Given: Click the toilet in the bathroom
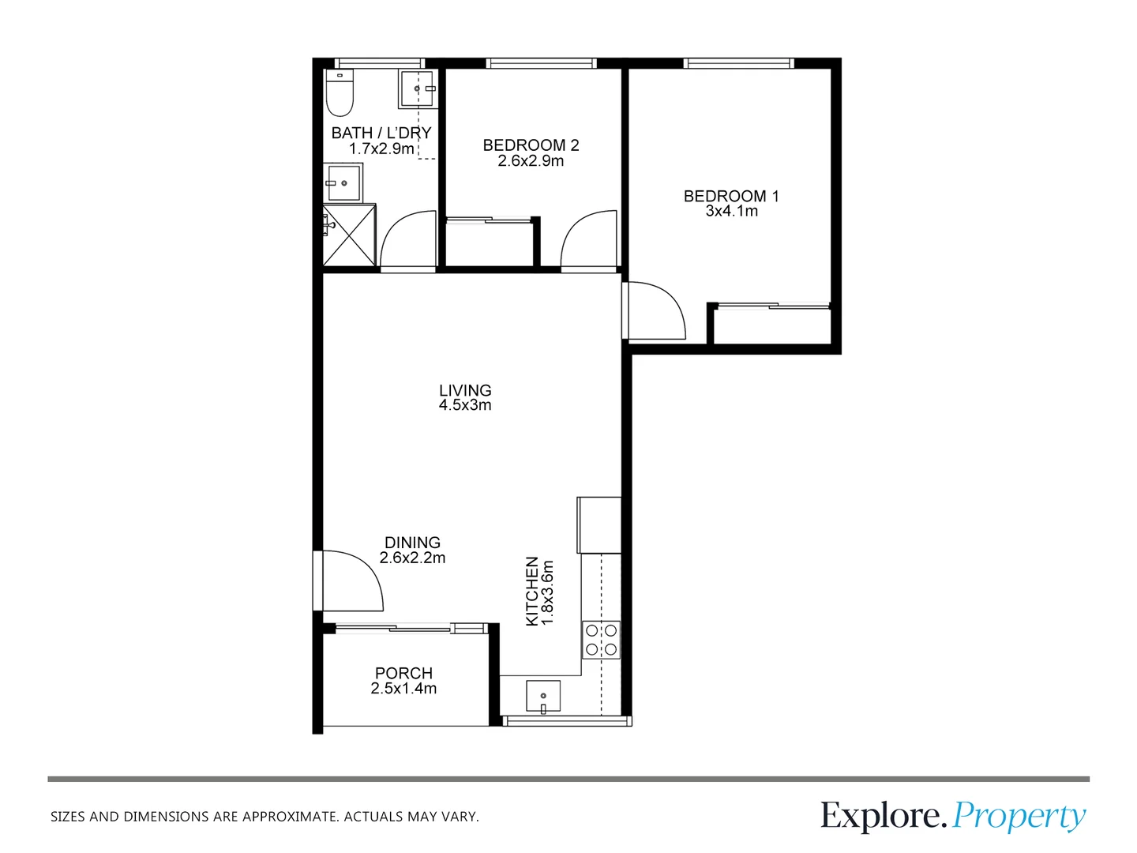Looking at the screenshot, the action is click(340, 92).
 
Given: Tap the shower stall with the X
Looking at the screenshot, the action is click(349, 235).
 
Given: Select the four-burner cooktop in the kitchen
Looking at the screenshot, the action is click(602, 639).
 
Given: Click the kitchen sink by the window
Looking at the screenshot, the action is click(543, 697).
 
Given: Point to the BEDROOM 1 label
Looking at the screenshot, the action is click(731, 196).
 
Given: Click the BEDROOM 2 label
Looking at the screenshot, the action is click(531, 145).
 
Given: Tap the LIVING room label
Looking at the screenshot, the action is click(465, 390).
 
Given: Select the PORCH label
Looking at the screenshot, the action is click(403, 673).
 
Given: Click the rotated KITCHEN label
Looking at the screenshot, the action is click(532, 591).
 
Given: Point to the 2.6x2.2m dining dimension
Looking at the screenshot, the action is click(412, 558).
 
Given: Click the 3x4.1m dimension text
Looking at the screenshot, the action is click(731, 211).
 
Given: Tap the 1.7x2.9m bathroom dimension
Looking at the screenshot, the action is click(381, 148).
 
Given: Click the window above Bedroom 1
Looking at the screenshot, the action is click(738, 63).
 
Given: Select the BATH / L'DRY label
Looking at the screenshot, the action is click(381, 133).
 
